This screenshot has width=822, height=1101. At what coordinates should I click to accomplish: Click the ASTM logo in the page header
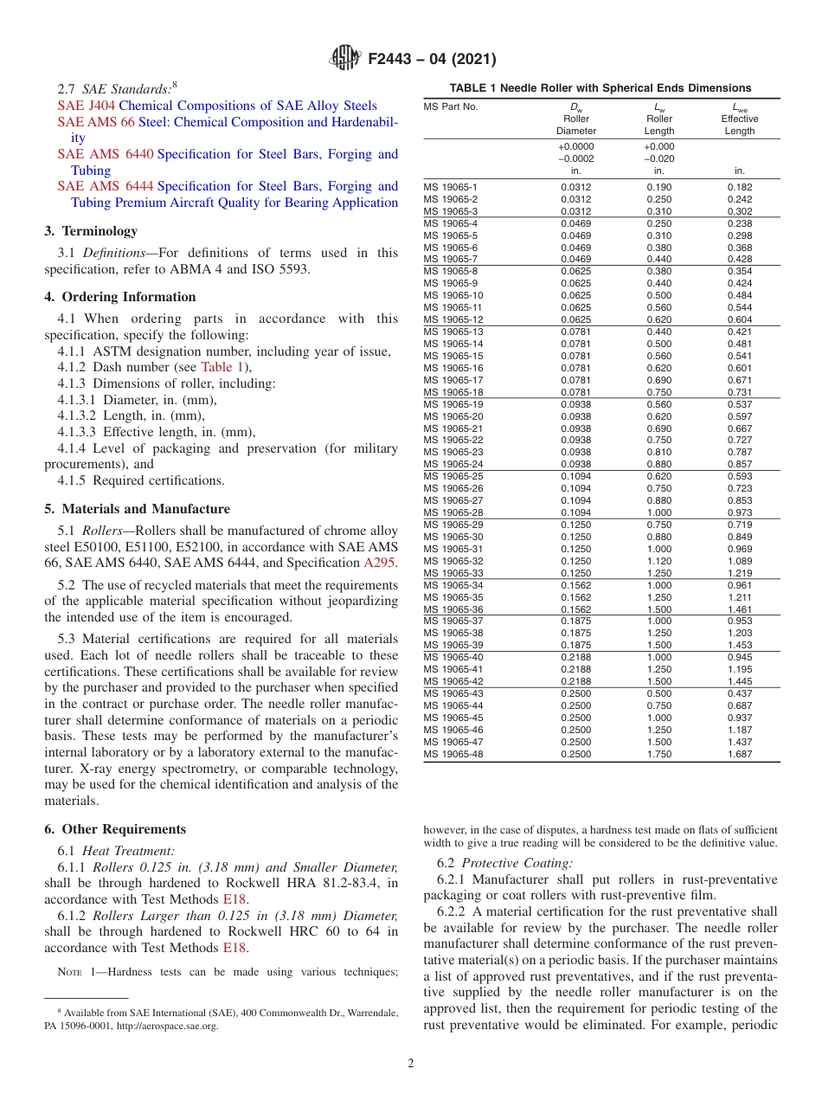pos(346,60)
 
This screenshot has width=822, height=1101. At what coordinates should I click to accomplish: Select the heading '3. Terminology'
pos(91,231)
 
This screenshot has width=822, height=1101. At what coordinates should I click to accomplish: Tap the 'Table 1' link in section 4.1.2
pos(223,367)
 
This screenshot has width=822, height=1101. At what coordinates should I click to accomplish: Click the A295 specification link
pos(380,563)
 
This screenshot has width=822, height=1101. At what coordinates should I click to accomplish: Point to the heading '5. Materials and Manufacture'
pos(137,509)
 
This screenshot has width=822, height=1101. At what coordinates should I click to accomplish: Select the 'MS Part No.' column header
pos(451,107)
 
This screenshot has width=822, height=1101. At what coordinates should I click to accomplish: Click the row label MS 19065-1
pos(450,187)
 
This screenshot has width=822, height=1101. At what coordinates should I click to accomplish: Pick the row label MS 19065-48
pos(453,755)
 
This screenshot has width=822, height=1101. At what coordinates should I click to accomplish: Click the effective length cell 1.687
pos(739,755)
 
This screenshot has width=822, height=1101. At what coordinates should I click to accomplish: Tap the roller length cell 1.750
pos(659,755)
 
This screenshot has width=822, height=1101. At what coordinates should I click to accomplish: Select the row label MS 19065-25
pos(453,476)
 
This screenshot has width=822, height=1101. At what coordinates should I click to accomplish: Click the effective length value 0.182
pos(739,187)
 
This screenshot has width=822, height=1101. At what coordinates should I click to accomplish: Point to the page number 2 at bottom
pos(410,1064)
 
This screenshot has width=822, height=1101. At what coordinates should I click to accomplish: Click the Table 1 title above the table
pos(600,88)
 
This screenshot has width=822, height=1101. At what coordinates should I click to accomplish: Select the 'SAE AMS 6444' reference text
pos(106,186)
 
